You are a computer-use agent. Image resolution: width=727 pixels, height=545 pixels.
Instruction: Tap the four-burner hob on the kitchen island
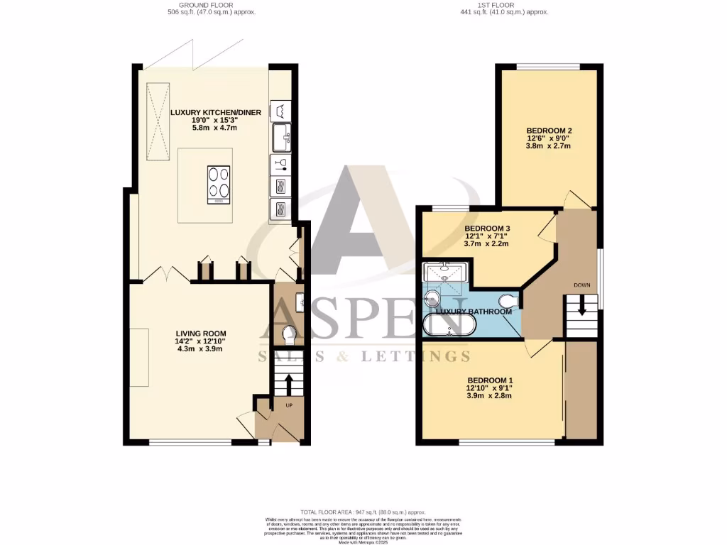tap(219, 185)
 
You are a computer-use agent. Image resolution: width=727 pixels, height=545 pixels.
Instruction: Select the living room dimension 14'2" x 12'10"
tap(201, 341)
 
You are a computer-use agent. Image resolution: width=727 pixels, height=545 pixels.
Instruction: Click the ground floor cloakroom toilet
tap(288, 334)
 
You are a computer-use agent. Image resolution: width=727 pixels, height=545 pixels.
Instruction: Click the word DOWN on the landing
tap(581, 285)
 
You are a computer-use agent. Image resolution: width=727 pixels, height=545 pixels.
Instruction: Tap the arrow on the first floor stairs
tap(581, 307)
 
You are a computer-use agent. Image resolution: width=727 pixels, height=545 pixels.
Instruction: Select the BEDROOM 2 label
tap(549, 131)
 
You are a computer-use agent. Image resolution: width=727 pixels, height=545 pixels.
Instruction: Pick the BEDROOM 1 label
tap(490, 380)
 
